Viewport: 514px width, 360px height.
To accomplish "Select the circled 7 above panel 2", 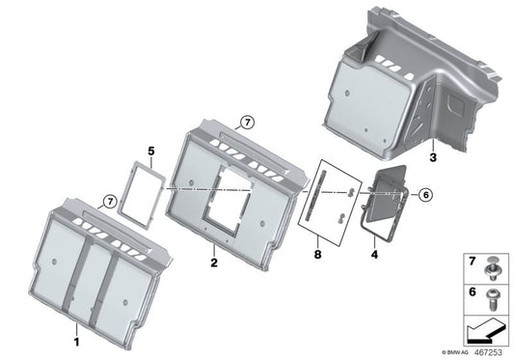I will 246,123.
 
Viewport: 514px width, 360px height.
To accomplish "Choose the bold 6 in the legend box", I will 472,290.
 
